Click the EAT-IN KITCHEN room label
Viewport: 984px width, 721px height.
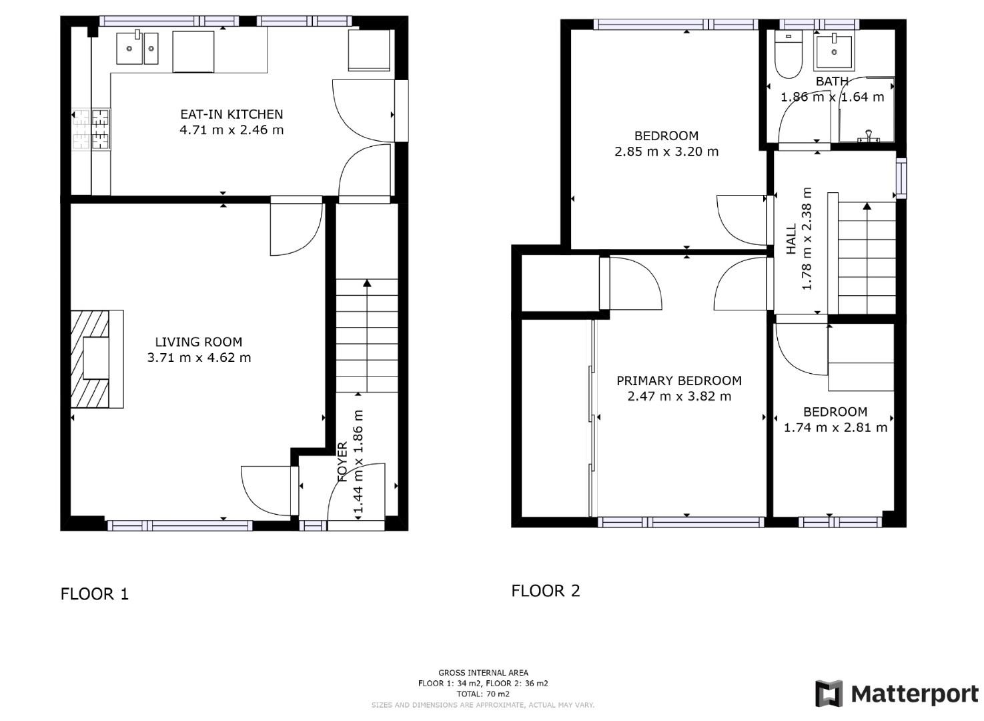click(231, 114)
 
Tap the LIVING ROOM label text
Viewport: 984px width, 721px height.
click(198, 342)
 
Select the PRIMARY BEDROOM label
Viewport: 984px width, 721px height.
click(678, 381)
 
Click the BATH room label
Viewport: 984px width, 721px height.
click(832, 81)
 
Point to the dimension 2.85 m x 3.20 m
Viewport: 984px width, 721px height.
click(666, 152)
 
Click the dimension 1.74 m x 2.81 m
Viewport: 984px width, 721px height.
click(835, 427)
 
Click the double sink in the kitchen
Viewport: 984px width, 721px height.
click(137, 48)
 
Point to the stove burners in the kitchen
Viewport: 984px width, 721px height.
click(91, 130)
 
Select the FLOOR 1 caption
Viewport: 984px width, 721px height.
click(94, 593)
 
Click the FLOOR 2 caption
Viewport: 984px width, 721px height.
click(545, 591)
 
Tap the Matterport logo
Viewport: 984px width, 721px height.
click(896, 694)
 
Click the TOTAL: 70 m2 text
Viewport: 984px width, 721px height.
click(483, 694)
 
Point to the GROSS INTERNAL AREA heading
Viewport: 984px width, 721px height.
click(483, 673)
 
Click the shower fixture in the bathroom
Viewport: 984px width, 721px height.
click(868, 136)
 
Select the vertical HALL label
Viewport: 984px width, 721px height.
click(791, 239)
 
